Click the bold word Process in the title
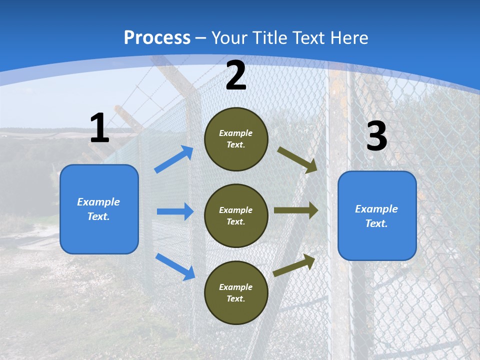(157, 38)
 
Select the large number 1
(99, 128)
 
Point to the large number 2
(236, 75)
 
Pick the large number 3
(376, 136)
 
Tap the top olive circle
(236, 139)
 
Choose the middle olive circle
(236, 215)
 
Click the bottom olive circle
(236, 292)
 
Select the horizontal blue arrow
(175, 211)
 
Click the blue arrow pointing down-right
(175, 266)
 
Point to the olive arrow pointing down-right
(297, 159)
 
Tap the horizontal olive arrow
(296, 210)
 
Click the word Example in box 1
(98, 202)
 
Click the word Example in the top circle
(236, 133)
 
